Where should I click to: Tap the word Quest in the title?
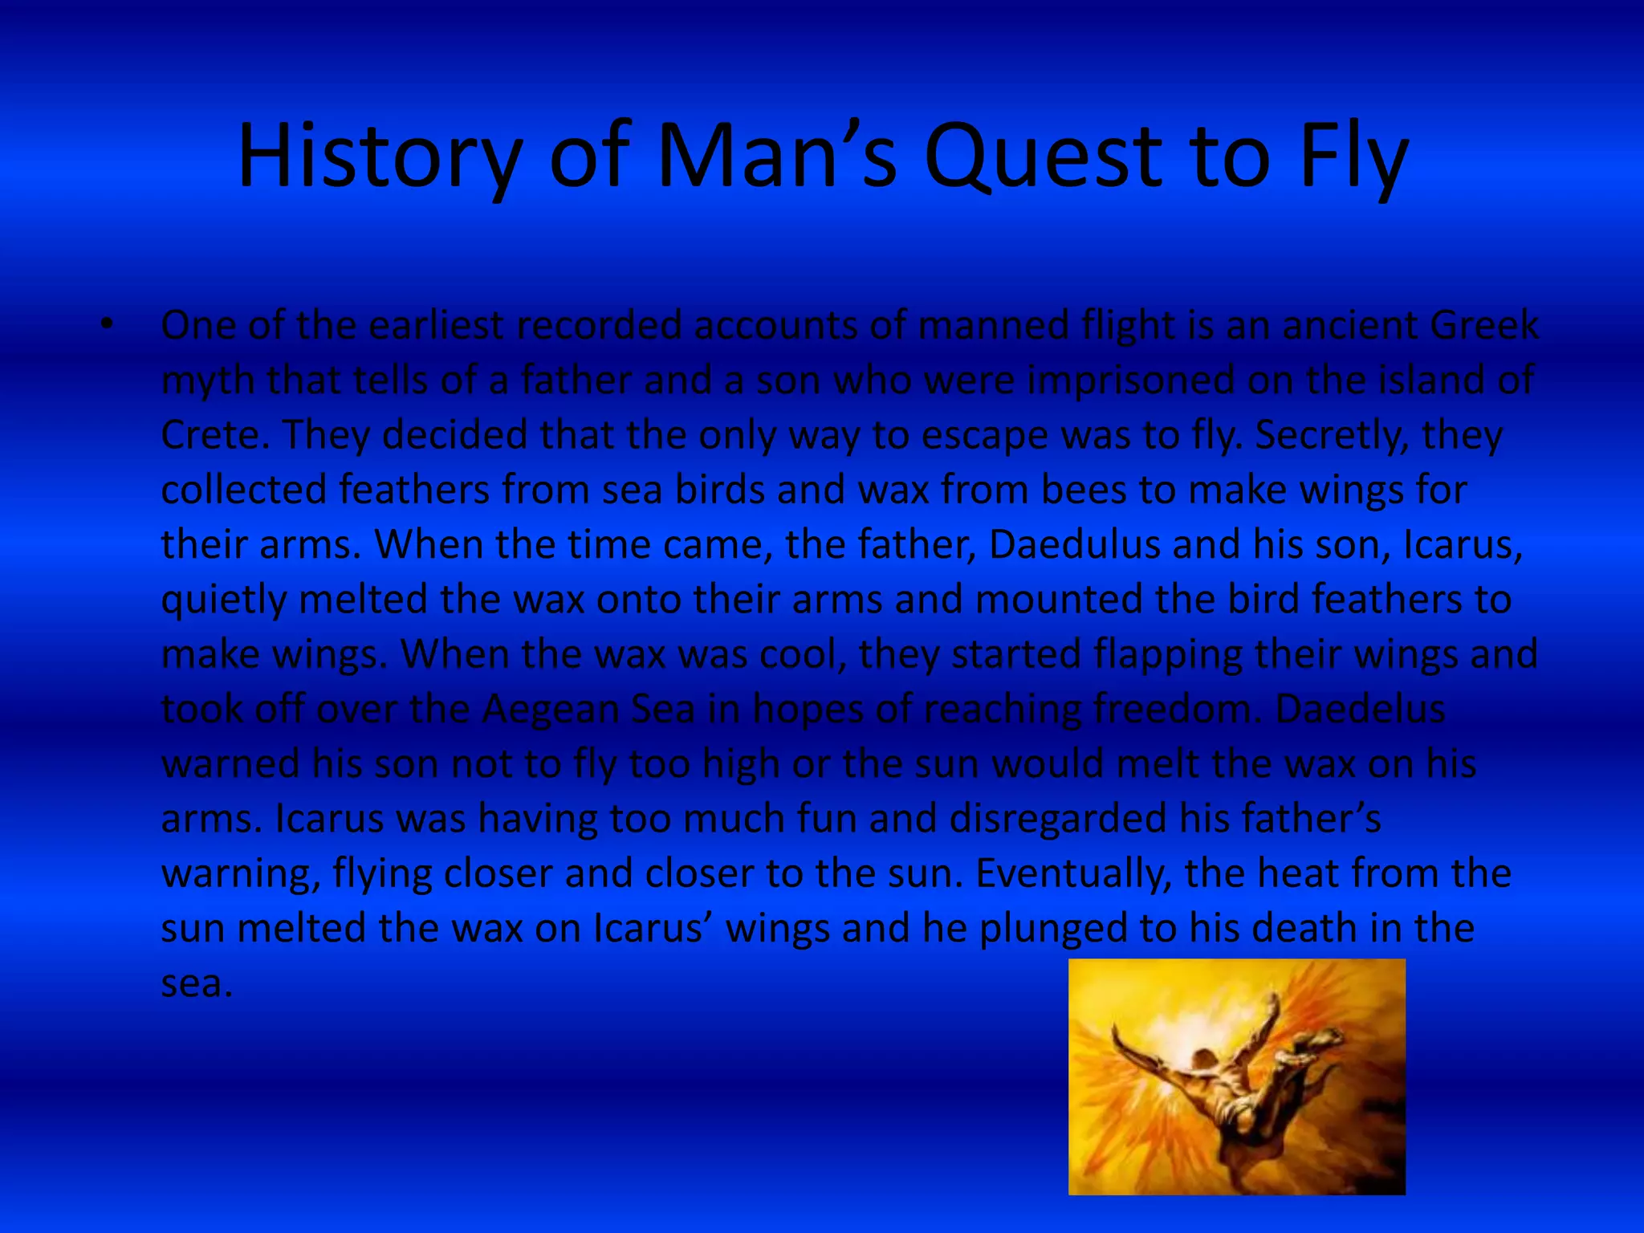click(x=1042, y=157)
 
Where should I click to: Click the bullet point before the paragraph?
click(x=107, y=325)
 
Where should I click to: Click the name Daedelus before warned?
click(x=1360, y=709)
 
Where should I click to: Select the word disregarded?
click(x=1057, y=819)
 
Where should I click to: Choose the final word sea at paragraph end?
click(x=197, y=983)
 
